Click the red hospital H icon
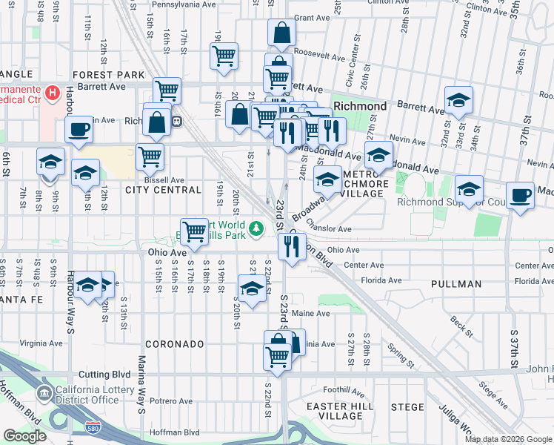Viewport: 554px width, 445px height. click(52, 93)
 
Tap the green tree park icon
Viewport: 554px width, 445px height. click(256, 228)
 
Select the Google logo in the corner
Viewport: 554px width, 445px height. click(24, 436)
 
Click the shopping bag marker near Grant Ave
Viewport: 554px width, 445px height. click(282, 33)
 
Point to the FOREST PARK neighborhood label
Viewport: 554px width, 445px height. click(108, 75)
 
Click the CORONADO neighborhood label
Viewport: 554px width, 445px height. click(173, 344)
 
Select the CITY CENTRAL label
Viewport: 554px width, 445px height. click(163, 190)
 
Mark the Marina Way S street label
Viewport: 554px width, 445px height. click(138, 386)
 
